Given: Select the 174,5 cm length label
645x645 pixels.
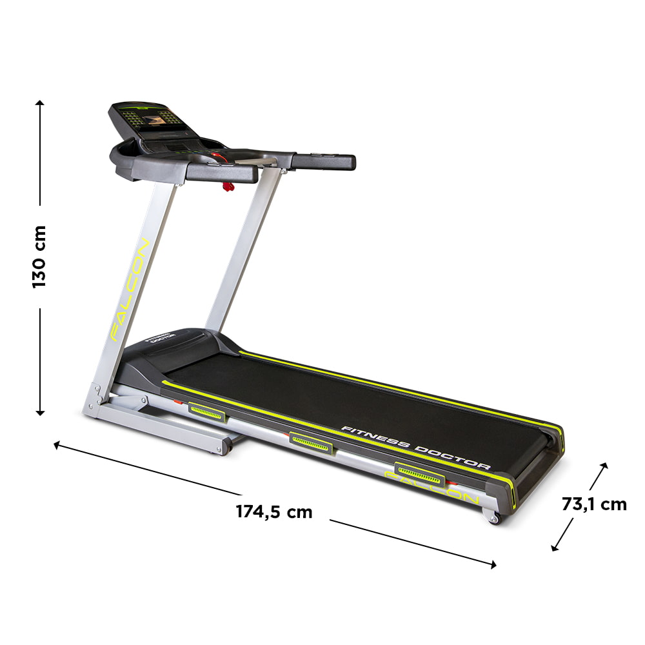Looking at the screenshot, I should click(x=273, y=512).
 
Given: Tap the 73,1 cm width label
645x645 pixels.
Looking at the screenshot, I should click(x=593, y=504).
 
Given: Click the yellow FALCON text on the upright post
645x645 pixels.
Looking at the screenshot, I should click(x=130, y=290).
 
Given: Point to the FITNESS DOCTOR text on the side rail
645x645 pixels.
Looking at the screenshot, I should click(x=415, y=447).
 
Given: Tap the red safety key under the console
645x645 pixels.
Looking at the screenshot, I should click(x=227, y=187).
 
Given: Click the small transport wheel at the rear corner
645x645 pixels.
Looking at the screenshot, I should click(x=493, y=517).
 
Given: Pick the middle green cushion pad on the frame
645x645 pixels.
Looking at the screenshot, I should click(x=312, y=442).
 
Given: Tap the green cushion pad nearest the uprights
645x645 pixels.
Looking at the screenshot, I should click(x=206, y=411).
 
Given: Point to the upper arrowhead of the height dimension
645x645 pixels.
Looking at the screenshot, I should click(x=40, y=103).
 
